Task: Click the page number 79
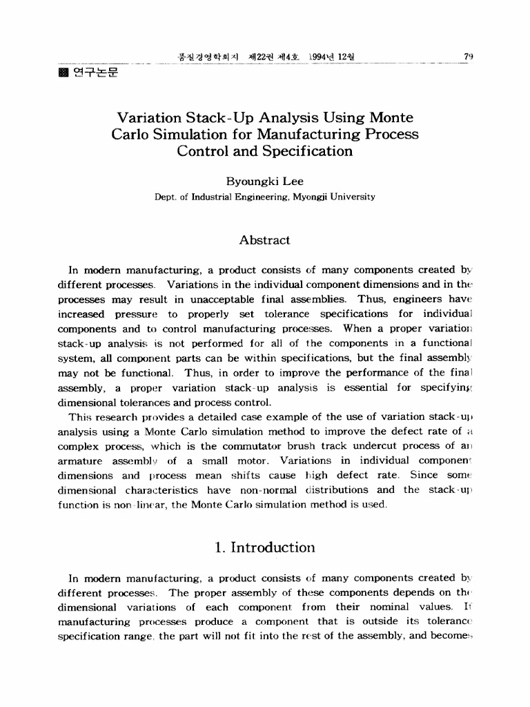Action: (468, 56)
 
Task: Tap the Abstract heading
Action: (264, 240)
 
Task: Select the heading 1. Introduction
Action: (264, 548)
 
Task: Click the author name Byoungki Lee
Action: (264, 182)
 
